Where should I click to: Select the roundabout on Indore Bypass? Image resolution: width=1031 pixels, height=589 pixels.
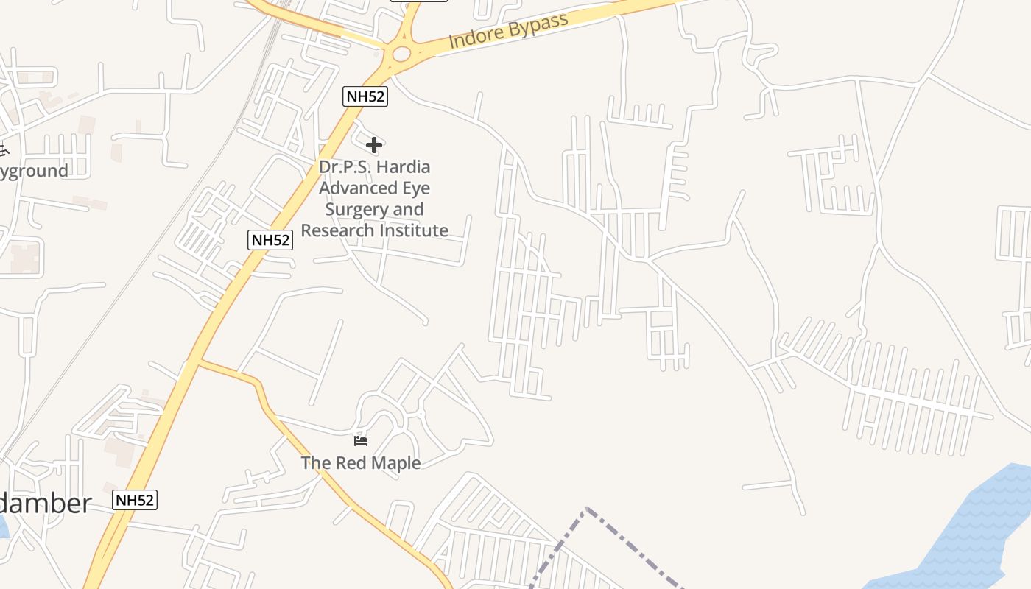[401, 54]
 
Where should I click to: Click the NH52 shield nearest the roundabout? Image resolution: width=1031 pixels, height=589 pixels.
[365, 96]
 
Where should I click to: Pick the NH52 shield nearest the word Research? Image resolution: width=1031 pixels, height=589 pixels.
[270, 239]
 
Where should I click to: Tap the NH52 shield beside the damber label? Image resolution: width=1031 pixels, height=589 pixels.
[135, 500]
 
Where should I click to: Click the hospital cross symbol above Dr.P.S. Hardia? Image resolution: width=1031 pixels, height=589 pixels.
[374, 145]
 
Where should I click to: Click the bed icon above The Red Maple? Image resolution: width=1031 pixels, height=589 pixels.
[361, 440]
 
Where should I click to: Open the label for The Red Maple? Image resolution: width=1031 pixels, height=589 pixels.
[361, 463]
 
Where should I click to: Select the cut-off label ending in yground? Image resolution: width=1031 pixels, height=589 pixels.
[34, 171]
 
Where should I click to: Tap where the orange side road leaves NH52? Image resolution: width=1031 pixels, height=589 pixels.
[199, 360]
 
